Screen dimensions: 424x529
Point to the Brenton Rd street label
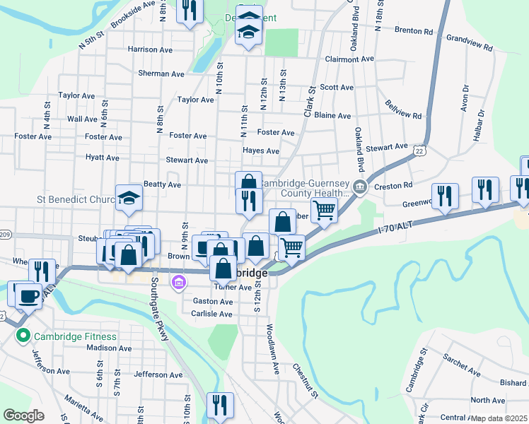pos(413,31)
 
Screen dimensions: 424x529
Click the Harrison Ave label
pos(151,49)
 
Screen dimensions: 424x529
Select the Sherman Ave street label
pos(161,73)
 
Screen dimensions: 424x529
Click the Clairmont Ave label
pos(349,59)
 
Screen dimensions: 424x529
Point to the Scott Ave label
pos(337,88)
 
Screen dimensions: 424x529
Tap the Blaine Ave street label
pos(332,115)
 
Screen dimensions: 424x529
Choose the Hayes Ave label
pos(260,151)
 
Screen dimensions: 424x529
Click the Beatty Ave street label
pos(162,184)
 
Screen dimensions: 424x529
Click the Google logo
pos(24,416)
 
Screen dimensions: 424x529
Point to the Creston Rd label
pos(394,185)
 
